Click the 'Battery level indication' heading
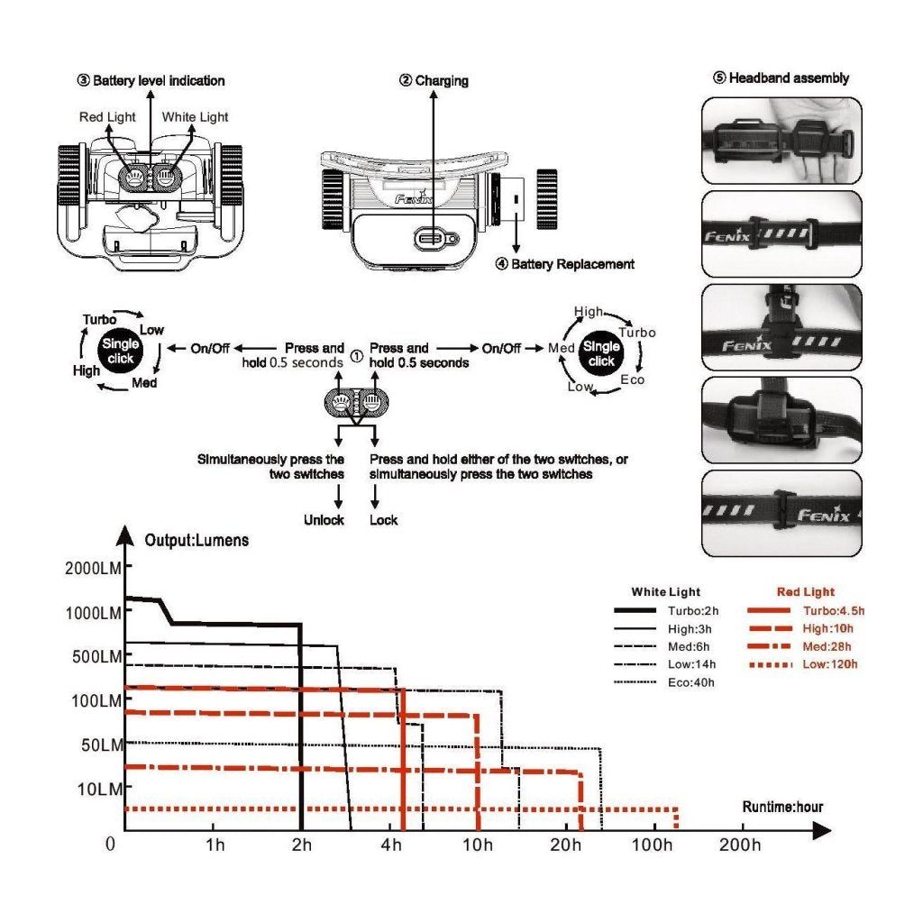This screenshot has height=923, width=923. tap(151, 80)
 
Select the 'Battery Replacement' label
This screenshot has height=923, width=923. tap(565, 264)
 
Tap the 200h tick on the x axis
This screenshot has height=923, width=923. tap(740, 845)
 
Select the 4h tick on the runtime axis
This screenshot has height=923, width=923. tap(391, 845)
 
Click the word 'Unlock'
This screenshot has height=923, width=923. tap(324, 520)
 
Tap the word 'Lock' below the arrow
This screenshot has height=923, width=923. tap(383, 520)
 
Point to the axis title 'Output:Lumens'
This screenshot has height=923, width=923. tap(196, 541)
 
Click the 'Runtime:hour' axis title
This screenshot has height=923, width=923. tap(782, 807)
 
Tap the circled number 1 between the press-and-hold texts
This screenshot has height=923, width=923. tap(356, 355)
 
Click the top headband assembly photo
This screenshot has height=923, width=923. tap(781, 141)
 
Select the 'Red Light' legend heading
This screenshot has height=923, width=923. tap(805, 592)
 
